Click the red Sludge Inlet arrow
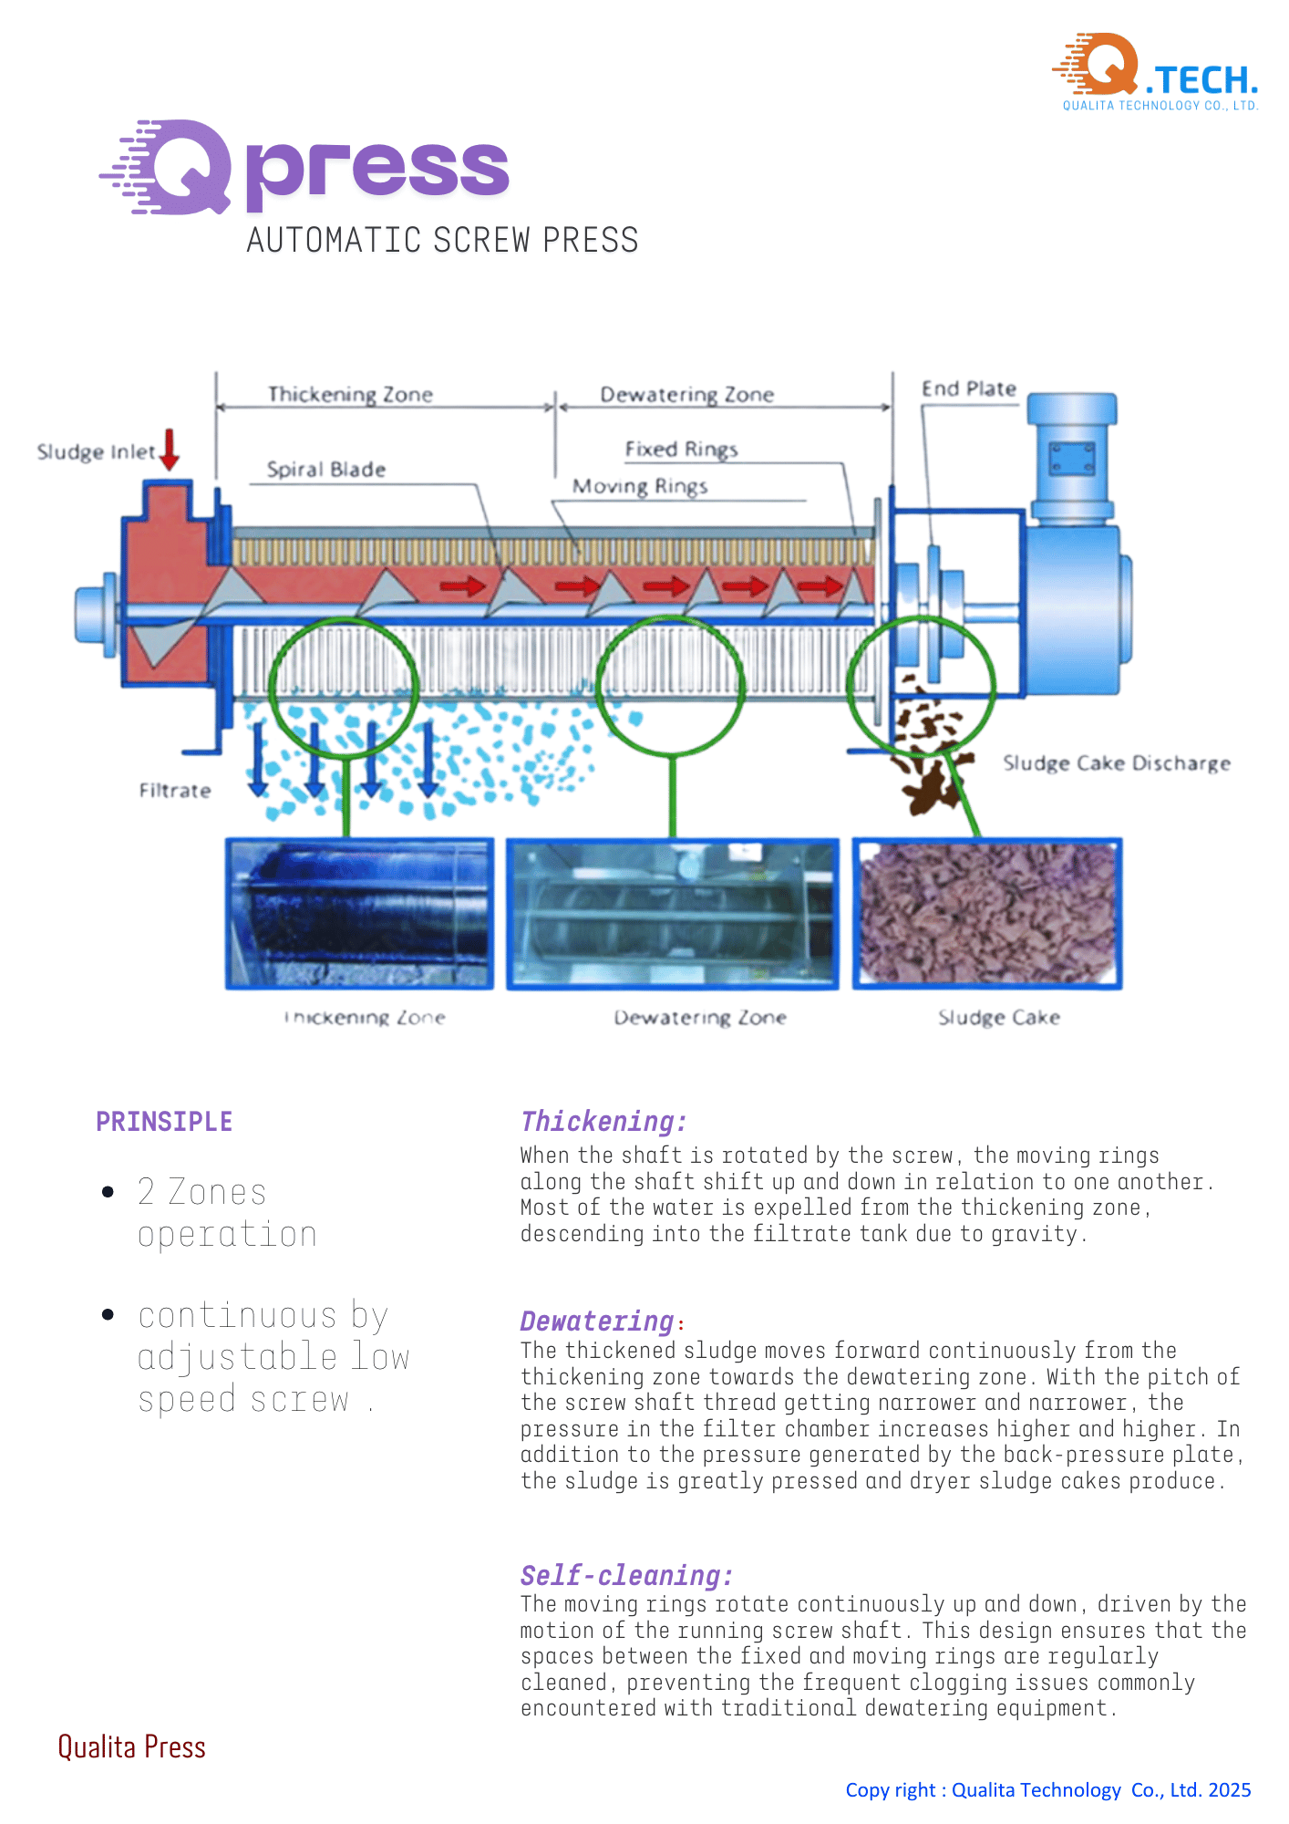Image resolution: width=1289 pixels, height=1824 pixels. (x=170, y=449)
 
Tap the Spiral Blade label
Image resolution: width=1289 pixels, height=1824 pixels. (x=325, y=470)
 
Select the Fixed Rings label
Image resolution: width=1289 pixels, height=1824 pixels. (x=681, y=450)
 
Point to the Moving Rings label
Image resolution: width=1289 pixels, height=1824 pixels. (x=639, y=486)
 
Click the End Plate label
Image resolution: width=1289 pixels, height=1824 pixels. (x=968, y=389)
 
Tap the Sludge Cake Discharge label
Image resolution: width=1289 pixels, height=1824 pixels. (x=1116, y=763)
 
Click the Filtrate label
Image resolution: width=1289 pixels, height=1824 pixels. (x=174, y=791)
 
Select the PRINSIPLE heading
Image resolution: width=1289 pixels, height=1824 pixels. (x=164, y=1122)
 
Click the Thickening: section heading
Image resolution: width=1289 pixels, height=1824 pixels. (x=603, y=1122)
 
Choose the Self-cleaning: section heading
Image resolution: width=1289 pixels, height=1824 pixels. (x=626, y=1575)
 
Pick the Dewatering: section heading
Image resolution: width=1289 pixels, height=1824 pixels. (x=598, y=1321)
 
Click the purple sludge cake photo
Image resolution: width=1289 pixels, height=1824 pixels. (x=987, y=914)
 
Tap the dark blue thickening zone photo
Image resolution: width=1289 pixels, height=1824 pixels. (x=360, y=914)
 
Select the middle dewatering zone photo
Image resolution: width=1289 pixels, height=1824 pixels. (x=673, y=914)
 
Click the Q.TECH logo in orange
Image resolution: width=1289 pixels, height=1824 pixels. (x=1156, y=71)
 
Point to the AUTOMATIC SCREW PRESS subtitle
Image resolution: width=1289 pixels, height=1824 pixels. (x=442, y=241)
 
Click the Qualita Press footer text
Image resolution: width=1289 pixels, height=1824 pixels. (x=131, y=1746)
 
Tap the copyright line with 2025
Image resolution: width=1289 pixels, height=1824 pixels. (x=1047, y=1790)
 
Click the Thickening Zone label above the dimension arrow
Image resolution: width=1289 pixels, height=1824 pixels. (x=350, y=395)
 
